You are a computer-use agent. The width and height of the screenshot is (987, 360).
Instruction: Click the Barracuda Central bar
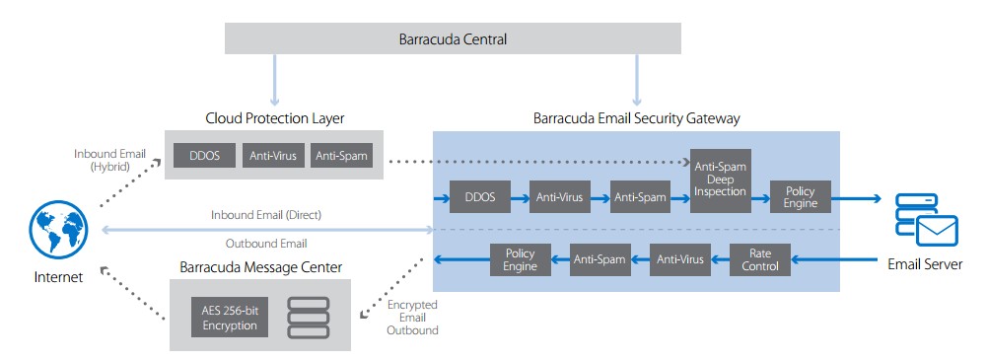(453, 39)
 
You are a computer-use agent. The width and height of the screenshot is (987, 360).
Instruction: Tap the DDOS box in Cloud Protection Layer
(204, 156)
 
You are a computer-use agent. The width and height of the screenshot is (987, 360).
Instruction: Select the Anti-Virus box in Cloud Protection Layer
(273, 156)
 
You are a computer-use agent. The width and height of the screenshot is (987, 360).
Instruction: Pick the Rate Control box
(760, 260)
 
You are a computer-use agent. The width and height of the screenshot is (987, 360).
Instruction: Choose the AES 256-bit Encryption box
(229, 319)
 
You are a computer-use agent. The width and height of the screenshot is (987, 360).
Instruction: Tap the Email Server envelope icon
(937, 231)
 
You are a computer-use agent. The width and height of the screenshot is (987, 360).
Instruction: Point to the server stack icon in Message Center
(308, 318)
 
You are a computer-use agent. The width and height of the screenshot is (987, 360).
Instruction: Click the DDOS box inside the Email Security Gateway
(479, 197)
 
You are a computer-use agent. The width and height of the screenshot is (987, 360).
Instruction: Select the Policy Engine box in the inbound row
(800, 197)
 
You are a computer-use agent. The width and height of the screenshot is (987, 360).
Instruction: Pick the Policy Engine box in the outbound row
(520, 260)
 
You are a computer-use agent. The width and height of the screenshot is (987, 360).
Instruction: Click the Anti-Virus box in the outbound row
(679, 260)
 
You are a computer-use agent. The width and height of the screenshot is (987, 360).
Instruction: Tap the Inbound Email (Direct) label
(266, 215)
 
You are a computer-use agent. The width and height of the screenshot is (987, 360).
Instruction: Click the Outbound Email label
(266, 243)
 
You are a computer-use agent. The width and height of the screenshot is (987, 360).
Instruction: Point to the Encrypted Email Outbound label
(412, 318)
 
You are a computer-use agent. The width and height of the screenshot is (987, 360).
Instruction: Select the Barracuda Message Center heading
(260, 267)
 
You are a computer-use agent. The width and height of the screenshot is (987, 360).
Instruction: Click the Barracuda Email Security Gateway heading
(636, 118)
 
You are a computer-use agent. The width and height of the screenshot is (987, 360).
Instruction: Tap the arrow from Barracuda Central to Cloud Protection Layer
(274, 80)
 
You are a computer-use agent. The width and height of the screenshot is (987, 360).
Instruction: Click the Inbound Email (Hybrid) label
(109, 160)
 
